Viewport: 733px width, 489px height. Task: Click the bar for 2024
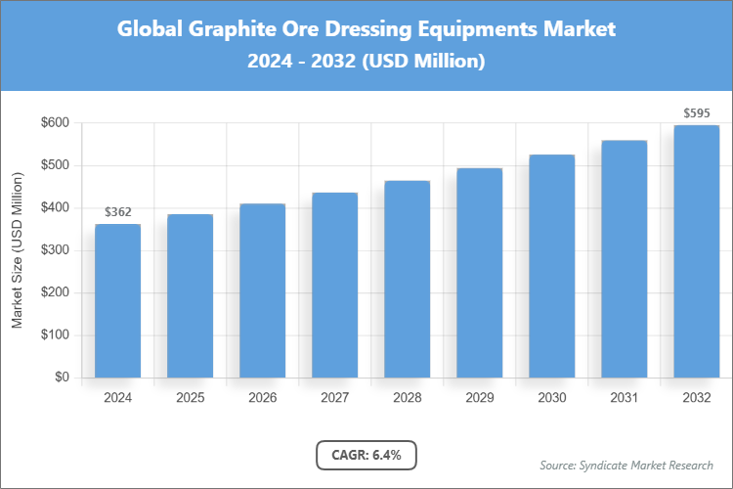coord(117,301)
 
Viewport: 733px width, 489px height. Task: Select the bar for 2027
coord(334,285)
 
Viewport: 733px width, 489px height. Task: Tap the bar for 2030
coord(551,266)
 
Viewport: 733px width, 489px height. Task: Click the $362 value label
coord(117,211)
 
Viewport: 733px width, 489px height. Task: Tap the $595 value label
coord(696,112)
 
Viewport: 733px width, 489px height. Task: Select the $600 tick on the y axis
coord(55,123)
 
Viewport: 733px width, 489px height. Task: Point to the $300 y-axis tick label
coord(55,250)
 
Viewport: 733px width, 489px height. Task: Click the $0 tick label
coord(62,378)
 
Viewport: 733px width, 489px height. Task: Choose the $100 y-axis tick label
coord(55,335)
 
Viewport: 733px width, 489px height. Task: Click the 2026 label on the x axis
coord(262,398)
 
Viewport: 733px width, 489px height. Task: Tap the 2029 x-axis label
coord(479,398)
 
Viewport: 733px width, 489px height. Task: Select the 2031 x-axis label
coord(624,398)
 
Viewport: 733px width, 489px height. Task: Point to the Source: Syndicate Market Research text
coord(625,465)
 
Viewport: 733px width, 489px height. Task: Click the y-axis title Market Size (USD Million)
coord(17,250)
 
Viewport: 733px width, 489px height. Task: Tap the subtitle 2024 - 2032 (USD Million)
coord(366,61)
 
